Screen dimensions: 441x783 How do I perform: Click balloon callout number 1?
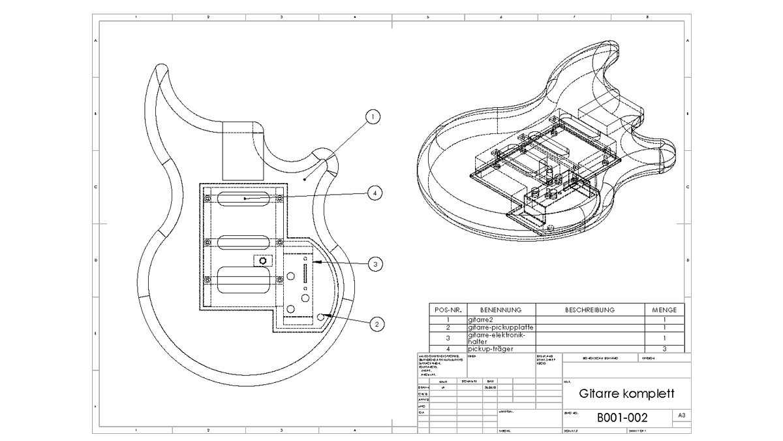[373, 117]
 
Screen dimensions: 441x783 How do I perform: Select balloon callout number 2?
[375, 323]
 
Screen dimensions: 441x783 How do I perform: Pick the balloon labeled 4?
[374, 193]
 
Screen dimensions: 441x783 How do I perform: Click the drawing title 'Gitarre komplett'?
[626, 394]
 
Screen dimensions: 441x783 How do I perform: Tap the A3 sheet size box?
[682, 416]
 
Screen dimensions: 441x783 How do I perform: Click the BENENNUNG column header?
[500, 310]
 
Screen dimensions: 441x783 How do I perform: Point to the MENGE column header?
[664, 310]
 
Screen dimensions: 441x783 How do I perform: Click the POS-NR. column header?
[448, 310]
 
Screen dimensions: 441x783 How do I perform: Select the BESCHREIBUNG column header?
[589, 310]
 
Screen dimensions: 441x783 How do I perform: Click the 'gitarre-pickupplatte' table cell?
[500, 327]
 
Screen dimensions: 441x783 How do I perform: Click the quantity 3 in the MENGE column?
[664, 349]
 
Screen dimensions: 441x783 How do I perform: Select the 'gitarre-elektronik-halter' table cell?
[500, 338]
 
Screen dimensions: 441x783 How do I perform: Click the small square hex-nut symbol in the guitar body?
[263, 261]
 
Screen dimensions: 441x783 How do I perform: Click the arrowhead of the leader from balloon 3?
[313, 262]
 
